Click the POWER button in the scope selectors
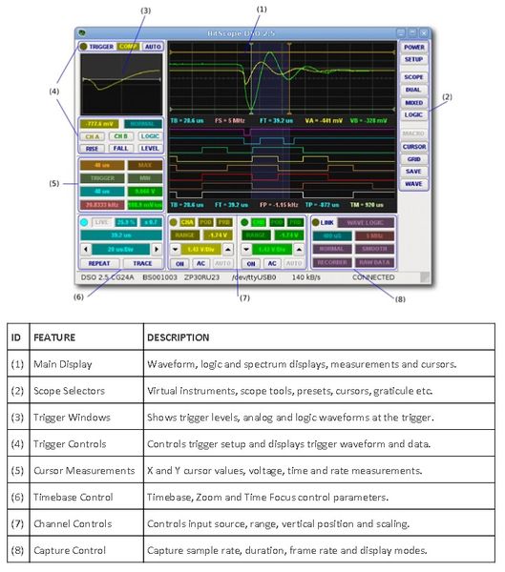[413, 47]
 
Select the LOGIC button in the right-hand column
[413, 114]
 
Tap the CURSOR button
[413, 147]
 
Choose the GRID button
[413, 158]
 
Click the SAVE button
[413, 171]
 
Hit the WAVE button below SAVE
[413, 183]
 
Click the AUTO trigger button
[153, 46]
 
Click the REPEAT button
[99, 261]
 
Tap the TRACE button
[141, 261]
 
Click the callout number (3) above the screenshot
[145, 10]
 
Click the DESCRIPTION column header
[178, 337]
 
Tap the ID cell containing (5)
[16, 469]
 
